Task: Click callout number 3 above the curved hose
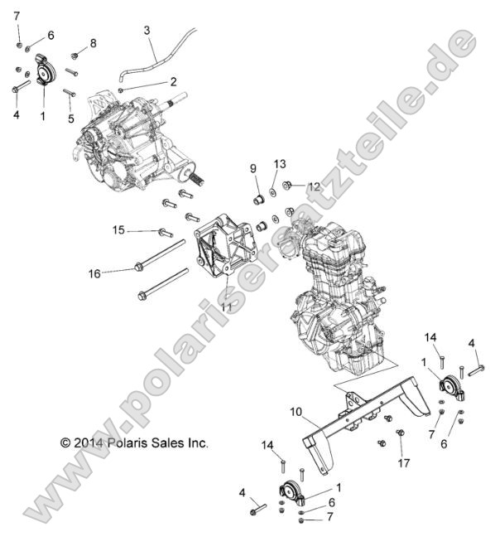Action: pos(147,31)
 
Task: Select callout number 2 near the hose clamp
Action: pos(173,81)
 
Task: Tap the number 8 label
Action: pos(93,43)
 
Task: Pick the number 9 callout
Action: pos(231,169)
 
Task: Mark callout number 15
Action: pos(118,230)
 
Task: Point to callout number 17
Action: pos(403,461)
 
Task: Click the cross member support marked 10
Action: pos(364,414)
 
